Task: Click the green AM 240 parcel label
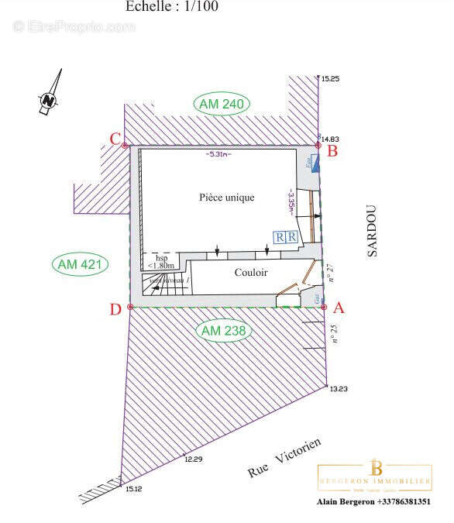pos(222,105)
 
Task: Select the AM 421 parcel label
pos(80,264)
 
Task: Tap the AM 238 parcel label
pos(224,331)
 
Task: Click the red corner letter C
pos(115,139)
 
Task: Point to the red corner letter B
pos(332,151)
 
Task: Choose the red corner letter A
pos(337,308)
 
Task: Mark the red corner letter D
pos(115,310)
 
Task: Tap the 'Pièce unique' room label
pos(226,198)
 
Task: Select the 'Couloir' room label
pos(251,273)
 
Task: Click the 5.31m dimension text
pos(218,154)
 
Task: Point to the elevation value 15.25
pos(331,79)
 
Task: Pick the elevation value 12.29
pos(193,459)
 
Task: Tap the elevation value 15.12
pos(133,489)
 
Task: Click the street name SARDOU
pos(373,230)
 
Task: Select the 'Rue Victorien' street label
pos(284,457)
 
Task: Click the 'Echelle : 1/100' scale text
pos(171,6)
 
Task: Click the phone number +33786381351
pos(403,501)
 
